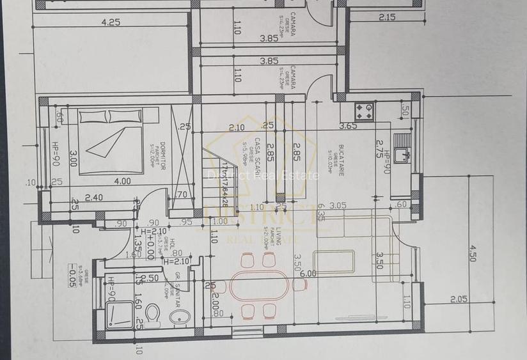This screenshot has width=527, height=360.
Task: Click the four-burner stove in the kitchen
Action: [x=365, y=111]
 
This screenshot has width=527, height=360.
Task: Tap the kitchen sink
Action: [x=402, y=153]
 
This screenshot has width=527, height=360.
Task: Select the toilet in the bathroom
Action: [x=152, y=315]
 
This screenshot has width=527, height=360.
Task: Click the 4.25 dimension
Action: [x=111, y=22]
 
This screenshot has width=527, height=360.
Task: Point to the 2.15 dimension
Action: [x=386, y=17]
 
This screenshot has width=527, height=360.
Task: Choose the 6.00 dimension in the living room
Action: [x=308, y=274]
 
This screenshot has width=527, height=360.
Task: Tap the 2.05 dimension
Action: [x=459, y=299]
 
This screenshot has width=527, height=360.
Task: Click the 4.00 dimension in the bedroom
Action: [x=122, y=181]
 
